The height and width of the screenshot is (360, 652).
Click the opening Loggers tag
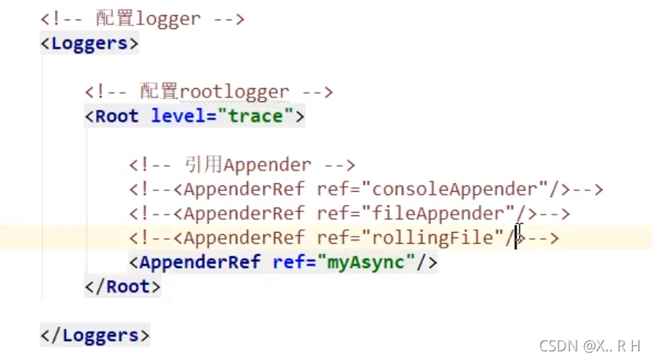pyautogui.click(x=90, y=43)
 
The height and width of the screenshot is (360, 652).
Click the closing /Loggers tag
pyautogui.click(x=95, y=336)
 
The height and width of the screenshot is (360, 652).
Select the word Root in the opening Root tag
pyautogui.click(x=116, y=116)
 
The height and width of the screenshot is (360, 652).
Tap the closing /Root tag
pyautogui.click(x=123, y=287)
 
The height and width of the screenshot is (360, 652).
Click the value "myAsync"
pyautogui.click(x=367, y=262)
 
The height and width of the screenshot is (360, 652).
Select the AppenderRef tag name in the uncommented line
pyautogui.click(x=200, y=262)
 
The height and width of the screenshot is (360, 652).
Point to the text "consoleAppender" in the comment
pyautogui.click(x=459, y=189)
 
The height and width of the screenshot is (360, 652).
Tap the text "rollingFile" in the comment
pyautogui.click(x=437, y=237)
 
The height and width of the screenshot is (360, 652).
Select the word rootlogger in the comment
pyautogui.click(x=234, y=92)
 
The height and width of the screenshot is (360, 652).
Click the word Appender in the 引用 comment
pyautogui.click(x=267, y=165)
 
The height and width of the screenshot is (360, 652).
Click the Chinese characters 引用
pyautogui.click(x=203, y=165)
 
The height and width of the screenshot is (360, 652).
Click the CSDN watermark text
pyautogui.click(x=590, y=346)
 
